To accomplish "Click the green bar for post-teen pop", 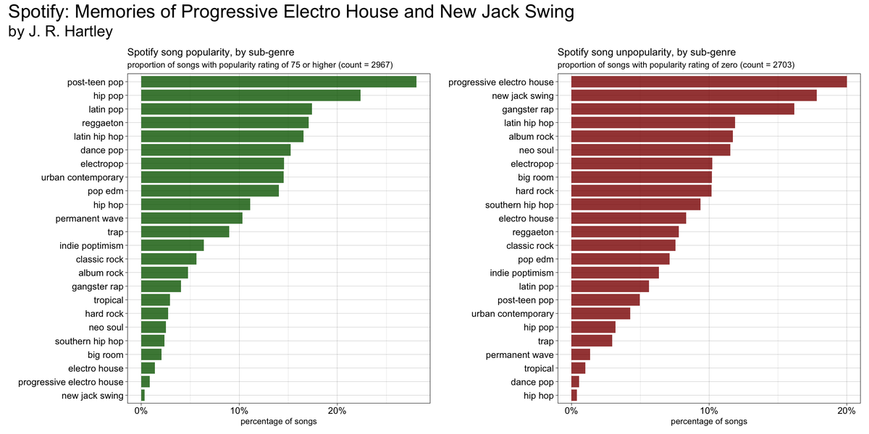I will pyautogui.click(x=278, y=82).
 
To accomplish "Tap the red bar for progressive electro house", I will pyautogui.click(x=709, y=82).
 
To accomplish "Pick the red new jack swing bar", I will pyautogui.click(x=694, y=95).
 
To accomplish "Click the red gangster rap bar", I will pyautogui.click(x=682, y=109).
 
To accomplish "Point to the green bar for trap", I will pyautogui.click(x=185, y=231).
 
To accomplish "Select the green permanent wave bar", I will pyautogui.click(x=191, y=218).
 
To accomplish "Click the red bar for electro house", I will pyautogui.click(x=629, y=218).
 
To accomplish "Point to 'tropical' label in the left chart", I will pyautogui.click(x=109, y=300).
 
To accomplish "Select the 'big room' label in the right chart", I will pyautogui.click(x=536, y=177).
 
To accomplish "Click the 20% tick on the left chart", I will pyautogui.click(x=337, y=410).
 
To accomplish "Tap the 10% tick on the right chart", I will pyautogui.click(x=709, y=410).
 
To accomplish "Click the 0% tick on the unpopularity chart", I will pyautogui.click(x=571, y=410).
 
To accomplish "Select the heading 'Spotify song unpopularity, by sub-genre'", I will pyautogui.click(x=646, y=52).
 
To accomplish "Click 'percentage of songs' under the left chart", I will pyautogui.click(x=278, y=421).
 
